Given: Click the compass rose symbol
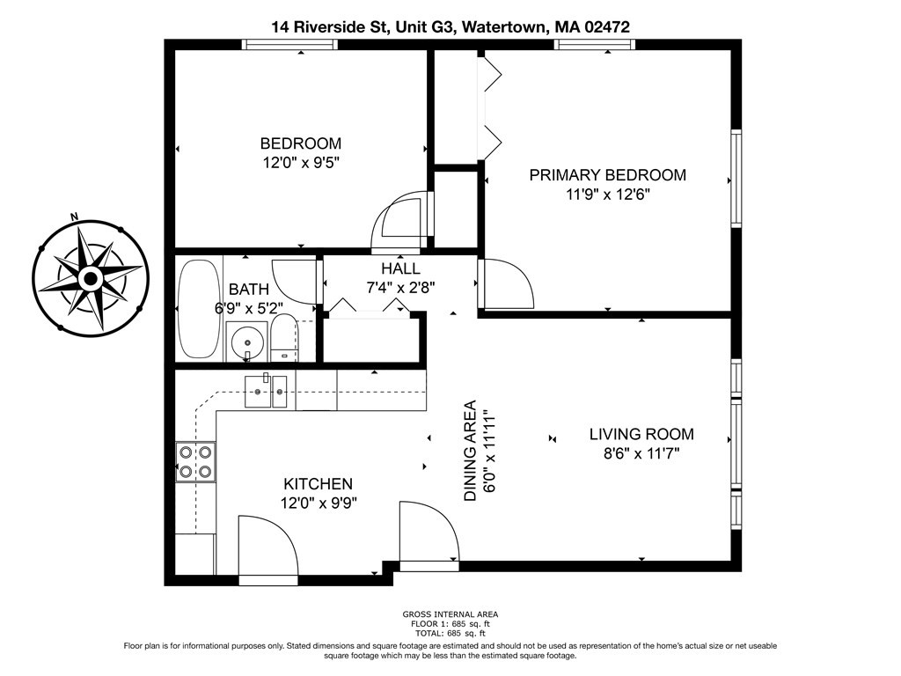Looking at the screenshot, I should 90,279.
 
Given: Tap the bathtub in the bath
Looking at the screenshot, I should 197,307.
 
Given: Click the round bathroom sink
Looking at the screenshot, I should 246,337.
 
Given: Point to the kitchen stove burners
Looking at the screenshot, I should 195,461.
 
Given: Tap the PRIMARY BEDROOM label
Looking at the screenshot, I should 607,175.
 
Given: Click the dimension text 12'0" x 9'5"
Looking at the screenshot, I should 300,163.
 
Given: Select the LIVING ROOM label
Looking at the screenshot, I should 641,434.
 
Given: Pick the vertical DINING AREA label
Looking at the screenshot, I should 470,451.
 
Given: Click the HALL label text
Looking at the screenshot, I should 400,268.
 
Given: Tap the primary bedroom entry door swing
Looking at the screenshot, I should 508,283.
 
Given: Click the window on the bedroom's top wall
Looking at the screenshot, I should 289,44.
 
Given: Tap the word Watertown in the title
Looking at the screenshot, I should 502,27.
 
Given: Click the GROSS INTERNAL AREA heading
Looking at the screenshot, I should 450,614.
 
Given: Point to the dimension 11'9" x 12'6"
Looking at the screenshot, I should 607,195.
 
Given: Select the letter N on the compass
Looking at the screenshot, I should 75,217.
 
